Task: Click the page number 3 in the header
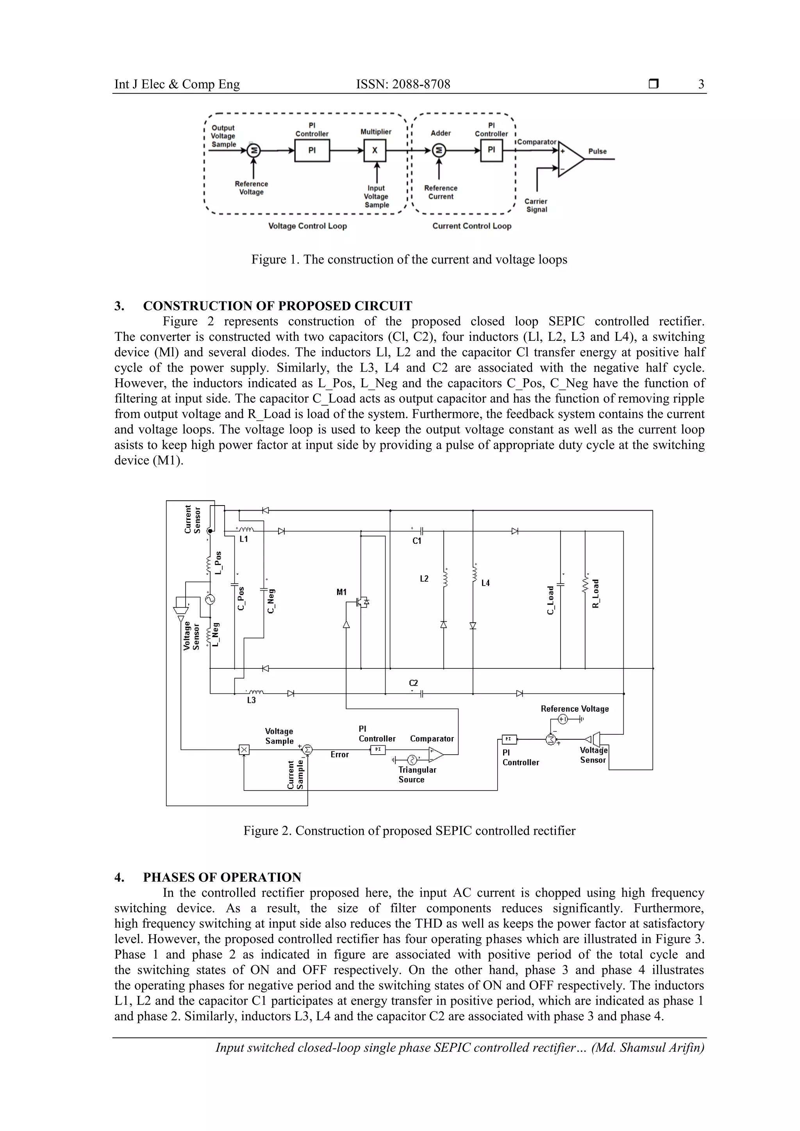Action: (x=701, y=84)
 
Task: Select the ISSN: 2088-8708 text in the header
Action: (x=403, y=84)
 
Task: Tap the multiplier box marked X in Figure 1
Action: (x=375, y=150)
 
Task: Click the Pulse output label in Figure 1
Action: (x=597, y=151)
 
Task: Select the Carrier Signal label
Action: (x=536, y=205)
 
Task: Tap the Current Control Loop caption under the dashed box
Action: (x=472, y=226)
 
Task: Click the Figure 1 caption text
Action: (x=409, y=260)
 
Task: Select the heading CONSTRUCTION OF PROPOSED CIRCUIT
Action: (x=277, y=306)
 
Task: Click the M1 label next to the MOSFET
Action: (x=341, y=592)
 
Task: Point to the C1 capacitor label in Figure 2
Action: (x=417, y=541)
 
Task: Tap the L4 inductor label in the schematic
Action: (x=486, y=583)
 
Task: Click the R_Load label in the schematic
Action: (x=595, y=593)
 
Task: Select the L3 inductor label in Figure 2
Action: (x=252, y=700)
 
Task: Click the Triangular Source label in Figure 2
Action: (x=417, y=774)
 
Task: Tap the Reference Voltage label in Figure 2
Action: (x=574, y=709)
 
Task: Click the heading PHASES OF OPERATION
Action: (x=222, y=877)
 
